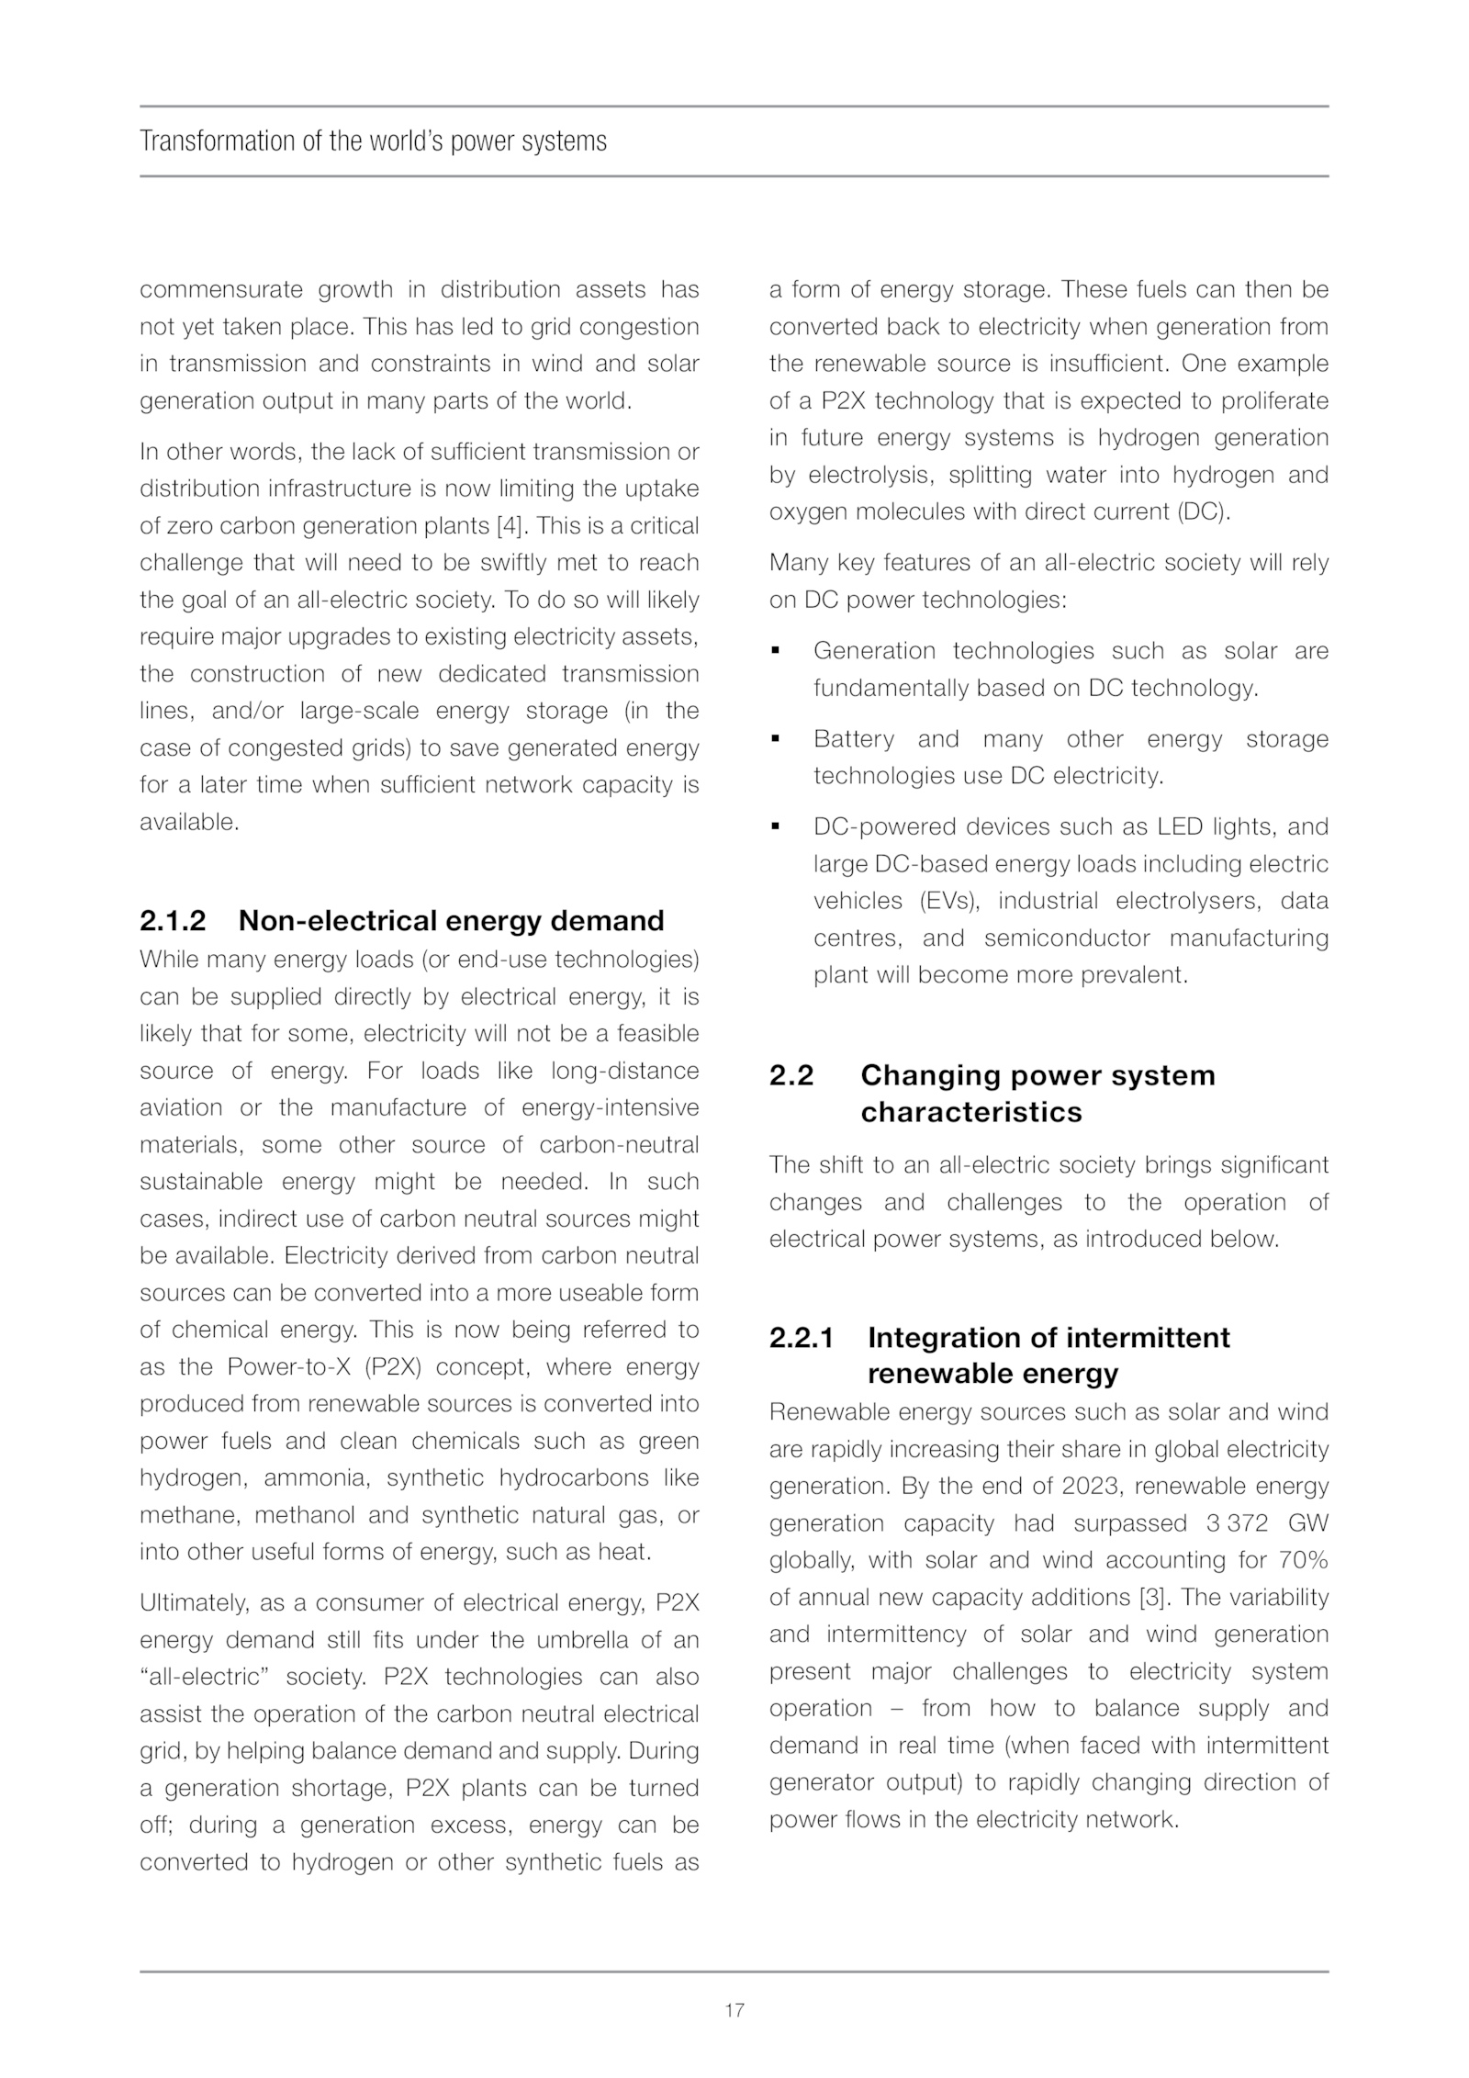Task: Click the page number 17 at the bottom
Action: click(734, 2010)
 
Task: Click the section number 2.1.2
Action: click(173, 920)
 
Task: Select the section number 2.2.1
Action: click(802, 1337)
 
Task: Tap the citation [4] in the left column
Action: click(510, 525)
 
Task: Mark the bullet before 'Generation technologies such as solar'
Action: click(776, 651)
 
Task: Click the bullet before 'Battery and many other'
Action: click(776, 738)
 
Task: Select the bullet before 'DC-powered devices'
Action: click(776, 826)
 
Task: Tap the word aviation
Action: click(181, 1106)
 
